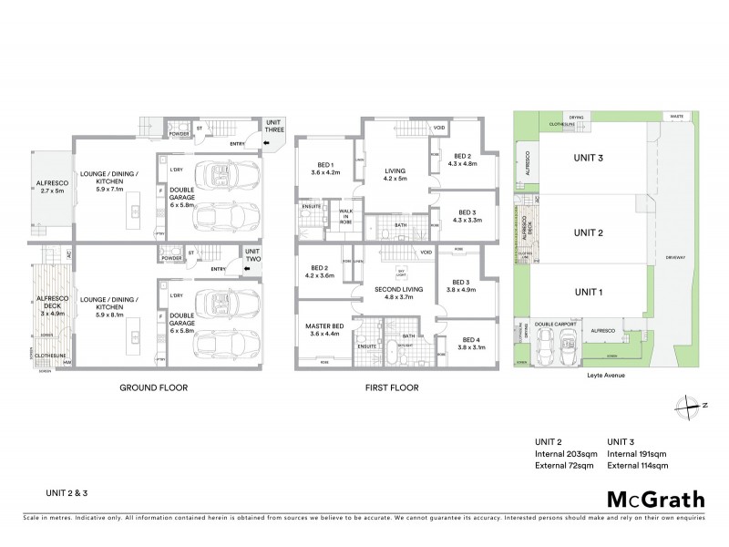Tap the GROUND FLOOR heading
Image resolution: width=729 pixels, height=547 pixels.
click(x=154, y=387)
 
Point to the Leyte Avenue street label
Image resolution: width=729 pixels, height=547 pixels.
click(x=600, y=374)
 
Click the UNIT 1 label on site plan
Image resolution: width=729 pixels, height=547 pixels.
click(x=588, y=292)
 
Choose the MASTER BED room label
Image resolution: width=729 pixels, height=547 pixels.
click(x=325, y=330)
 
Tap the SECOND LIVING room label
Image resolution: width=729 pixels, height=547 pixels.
click(x=399, y=293)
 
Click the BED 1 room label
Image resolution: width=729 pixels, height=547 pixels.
click(x=325, y=168)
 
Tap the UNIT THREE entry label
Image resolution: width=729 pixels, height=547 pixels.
click(x=274, y=126)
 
